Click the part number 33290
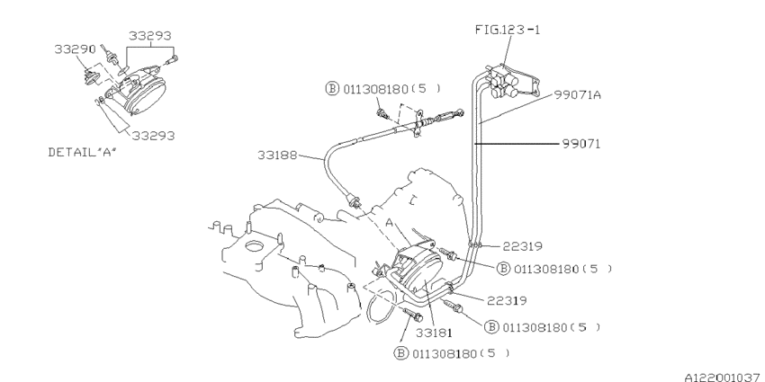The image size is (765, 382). tap(75, 49)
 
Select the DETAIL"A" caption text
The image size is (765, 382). tap(83, 152)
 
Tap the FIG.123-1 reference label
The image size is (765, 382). tap(508, 30)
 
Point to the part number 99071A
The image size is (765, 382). tap(577, 95)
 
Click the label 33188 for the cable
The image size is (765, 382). tap(277, 155)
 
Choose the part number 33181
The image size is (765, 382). tap(434, 333)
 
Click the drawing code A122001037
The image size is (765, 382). tap(724, 377)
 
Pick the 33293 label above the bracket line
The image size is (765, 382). tap(149, 36)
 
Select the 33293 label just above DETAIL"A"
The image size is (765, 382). tap(153, 136)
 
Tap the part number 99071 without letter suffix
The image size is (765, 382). tap(581, 144)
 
